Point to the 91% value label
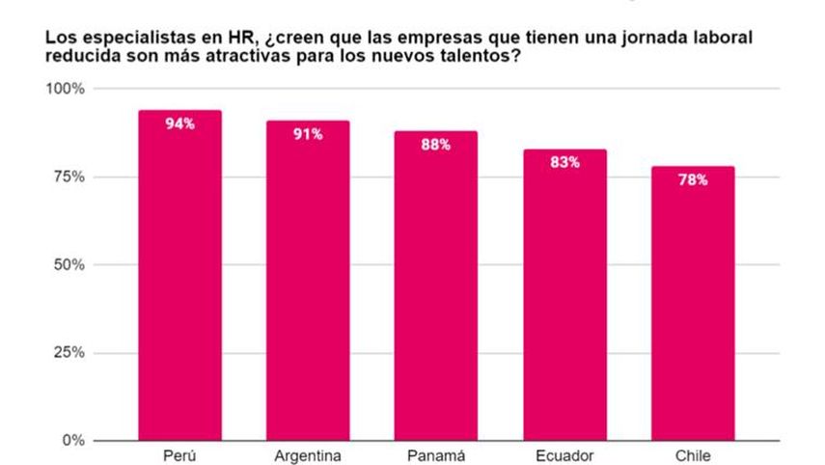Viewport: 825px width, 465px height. point(308,134)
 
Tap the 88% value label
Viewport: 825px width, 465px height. point(436,145)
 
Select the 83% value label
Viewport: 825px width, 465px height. point(564,162)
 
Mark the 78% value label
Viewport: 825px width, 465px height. point(693,179)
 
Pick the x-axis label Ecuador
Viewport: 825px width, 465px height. point(564,455)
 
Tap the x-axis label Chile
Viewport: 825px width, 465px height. point(693,455)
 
